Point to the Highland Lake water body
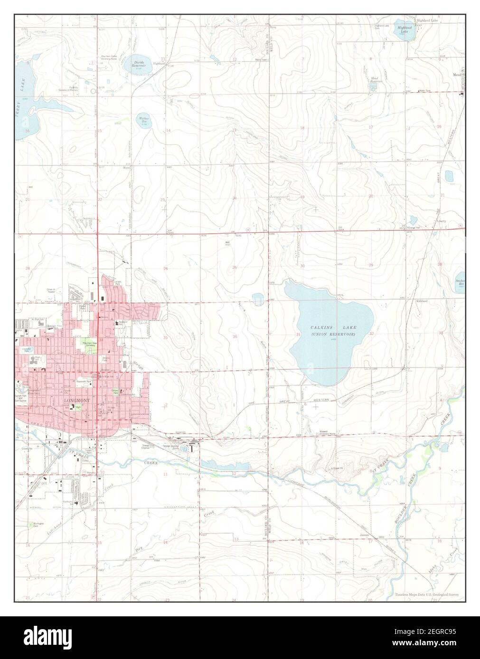click(405, 29)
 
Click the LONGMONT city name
click(76, 401)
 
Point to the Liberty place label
click(442, 221)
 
